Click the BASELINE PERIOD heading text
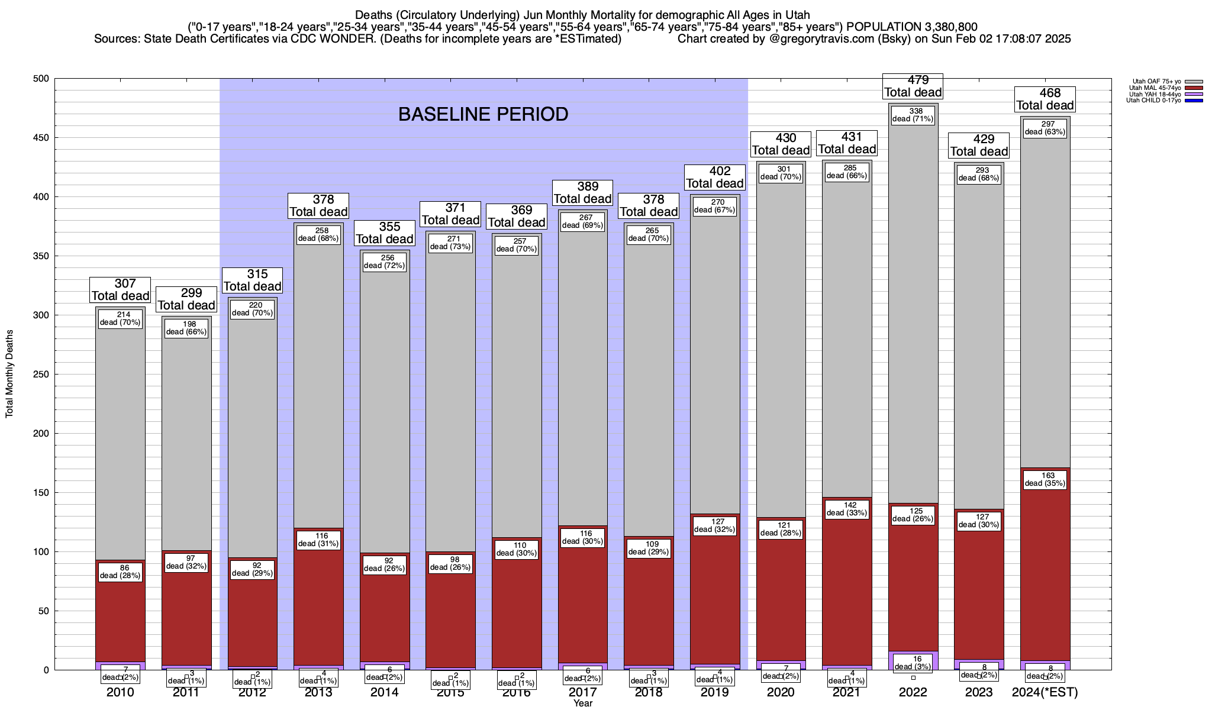pos(483,114)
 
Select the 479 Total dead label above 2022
pos(913,86)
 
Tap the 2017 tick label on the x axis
pos(582,692)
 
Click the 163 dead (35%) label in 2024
pos(1045,479)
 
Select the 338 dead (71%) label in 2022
pos(913,115)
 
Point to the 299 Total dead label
pos(186,299)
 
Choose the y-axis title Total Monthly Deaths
pos(9,374)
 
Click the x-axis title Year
pos(582,703)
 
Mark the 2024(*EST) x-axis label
pos(1045,692)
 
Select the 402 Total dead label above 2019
pos(714,177)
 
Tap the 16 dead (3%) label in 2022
pos(913,662)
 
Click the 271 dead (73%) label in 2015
pos(450,243)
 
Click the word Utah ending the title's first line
pos(798,15)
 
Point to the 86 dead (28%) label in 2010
pos(120,572)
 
